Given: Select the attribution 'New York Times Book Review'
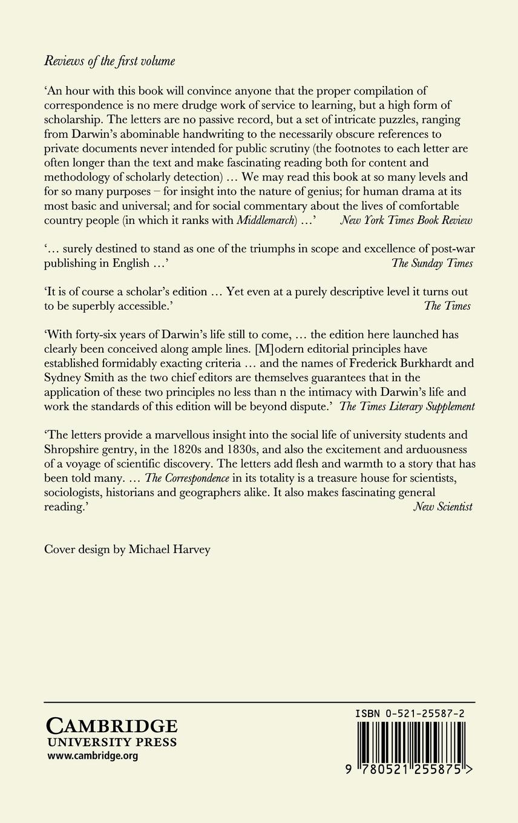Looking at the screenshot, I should coord(406,221).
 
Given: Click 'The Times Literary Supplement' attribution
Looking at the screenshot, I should coord(407,407).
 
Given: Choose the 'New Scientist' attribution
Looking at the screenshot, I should coord(443,507).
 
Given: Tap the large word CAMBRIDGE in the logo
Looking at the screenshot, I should coord(112,726).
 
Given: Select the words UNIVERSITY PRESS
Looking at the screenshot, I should coord(112,743).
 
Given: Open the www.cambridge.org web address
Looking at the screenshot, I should coord(93,756).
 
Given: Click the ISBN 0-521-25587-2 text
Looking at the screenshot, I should coord(410,715).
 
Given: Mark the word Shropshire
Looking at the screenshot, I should coord(74,450).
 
